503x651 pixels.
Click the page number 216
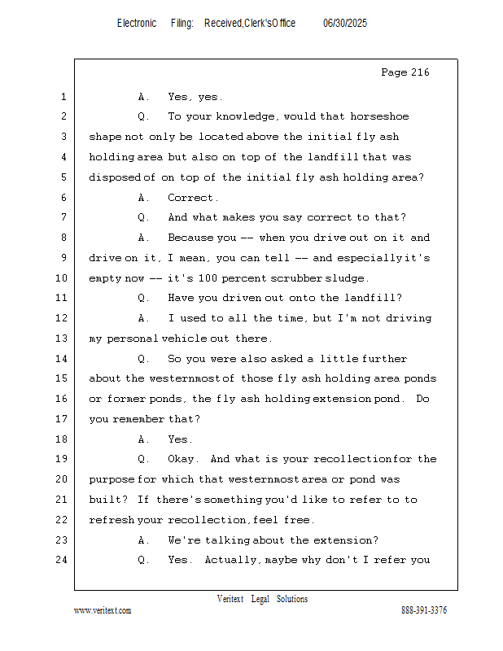point(419,72)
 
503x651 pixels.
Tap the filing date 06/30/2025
point(345,24)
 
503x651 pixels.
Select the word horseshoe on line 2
point(379,116)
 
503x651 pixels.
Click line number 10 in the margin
point(61,277)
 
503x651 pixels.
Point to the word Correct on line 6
point(190,198)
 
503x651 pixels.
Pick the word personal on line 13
point(132,339)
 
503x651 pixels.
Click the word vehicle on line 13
point(184,339)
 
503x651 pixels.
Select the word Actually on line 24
point(230,560)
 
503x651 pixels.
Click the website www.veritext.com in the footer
point(103,610)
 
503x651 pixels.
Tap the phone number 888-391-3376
point(424,610)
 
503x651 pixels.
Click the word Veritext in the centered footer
point(230,599)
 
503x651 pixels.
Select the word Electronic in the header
point(137,24)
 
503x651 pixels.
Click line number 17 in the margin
point(61,418)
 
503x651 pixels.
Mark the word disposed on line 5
point(115,177)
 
